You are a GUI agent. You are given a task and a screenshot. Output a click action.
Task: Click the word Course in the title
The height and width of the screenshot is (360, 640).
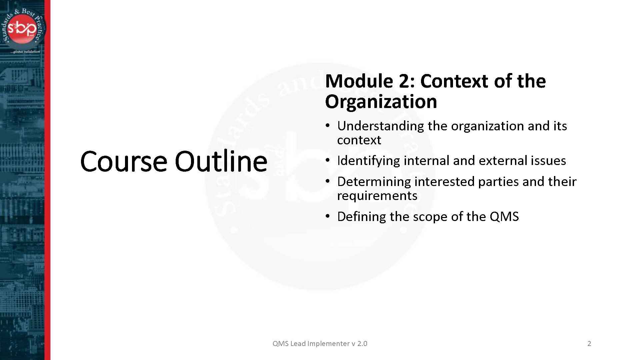tap(123, 161)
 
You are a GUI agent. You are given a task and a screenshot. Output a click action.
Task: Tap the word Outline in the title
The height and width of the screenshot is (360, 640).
tap(221, 161)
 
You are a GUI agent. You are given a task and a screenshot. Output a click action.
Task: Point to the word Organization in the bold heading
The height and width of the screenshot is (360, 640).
tap(381, 102)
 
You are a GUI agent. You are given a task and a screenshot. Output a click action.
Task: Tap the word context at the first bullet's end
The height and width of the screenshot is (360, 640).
tap(359, 140)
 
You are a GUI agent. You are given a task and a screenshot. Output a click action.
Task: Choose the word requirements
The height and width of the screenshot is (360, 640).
tap(377, 196)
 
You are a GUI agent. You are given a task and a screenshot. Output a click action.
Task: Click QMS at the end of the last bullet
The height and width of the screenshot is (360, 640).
tap(504, 217)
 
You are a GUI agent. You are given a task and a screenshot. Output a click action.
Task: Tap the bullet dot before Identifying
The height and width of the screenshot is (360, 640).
tap(328, 161)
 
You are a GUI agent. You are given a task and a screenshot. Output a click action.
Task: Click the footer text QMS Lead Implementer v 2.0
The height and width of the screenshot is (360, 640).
tap(320, 344)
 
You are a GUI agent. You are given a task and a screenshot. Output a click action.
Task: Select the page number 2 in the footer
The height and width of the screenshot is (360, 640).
tap(589, 344)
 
